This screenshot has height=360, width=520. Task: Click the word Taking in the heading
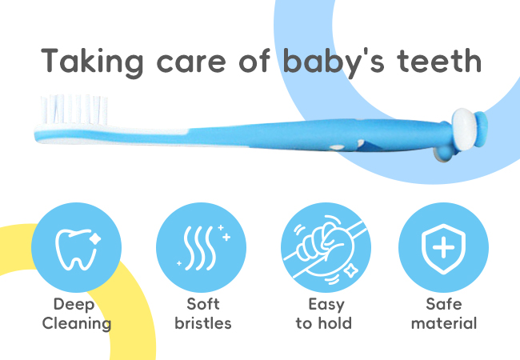(92, 62)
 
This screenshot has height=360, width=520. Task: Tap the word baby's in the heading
(334, 62)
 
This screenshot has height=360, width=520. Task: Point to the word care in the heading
(191, 64)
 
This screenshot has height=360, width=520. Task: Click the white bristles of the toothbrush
(74, 109)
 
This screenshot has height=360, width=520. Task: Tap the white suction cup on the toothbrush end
(465, 130)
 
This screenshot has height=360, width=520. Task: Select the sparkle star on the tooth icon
(95, 238)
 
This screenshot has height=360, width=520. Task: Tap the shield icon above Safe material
(443, 249)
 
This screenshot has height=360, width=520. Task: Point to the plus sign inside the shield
(443, 247)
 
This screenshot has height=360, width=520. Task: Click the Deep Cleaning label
(77, 314)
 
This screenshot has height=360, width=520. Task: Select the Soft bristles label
(203, 314)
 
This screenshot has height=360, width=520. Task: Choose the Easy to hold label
(324, 314)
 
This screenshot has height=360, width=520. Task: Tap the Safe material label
(444, 314)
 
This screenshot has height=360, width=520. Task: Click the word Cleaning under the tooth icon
(77, 324)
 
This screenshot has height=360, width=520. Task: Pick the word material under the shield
(444, 323)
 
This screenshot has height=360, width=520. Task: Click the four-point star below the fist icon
(350, 271)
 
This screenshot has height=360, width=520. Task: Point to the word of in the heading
(254, 61)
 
